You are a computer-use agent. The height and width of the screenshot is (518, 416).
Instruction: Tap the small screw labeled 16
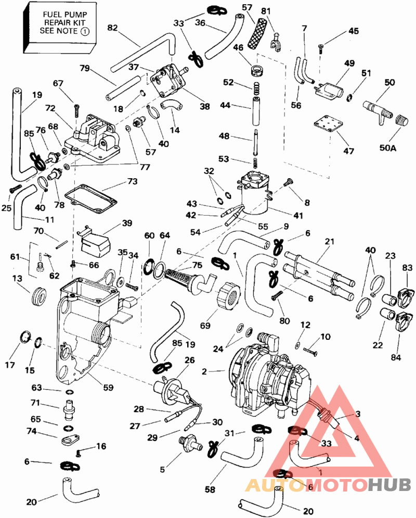(78, 453)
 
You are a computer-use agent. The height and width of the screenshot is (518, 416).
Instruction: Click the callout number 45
(354, 31)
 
